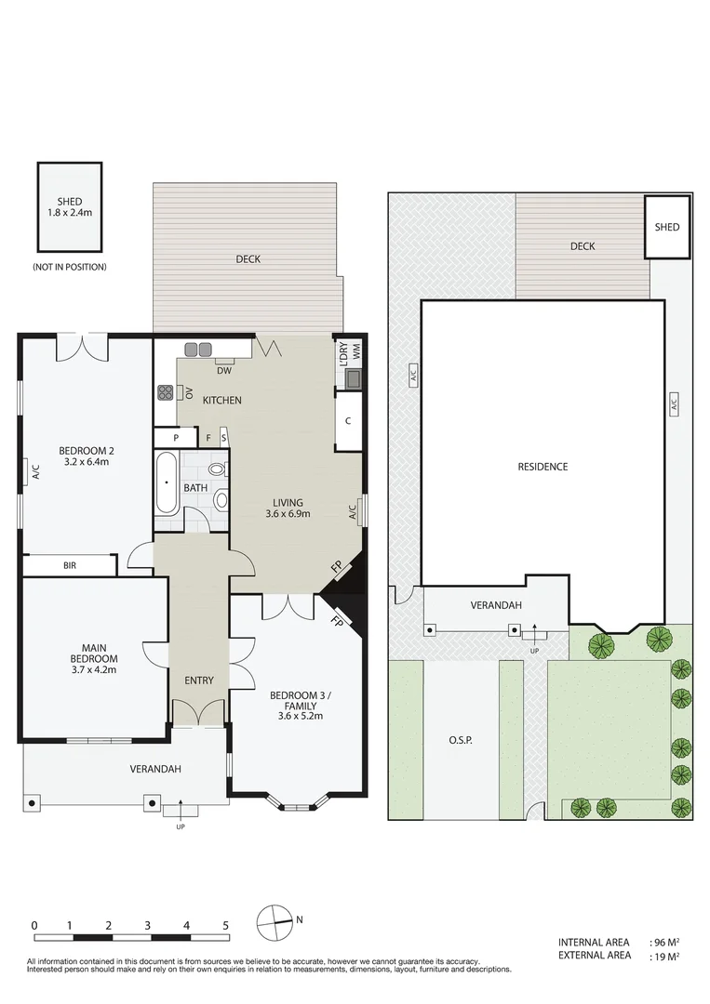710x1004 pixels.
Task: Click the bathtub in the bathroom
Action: (167, 482)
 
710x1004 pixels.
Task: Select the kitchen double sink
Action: (198, 350)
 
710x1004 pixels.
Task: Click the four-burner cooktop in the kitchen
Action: (166, 392)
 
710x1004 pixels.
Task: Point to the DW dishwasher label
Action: (223, 371)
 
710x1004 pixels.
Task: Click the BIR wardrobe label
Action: (70, 565)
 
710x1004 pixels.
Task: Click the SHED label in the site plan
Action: (667, 227)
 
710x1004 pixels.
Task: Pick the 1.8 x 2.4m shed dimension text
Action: (70, 213)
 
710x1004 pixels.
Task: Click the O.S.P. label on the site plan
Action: (461, 741)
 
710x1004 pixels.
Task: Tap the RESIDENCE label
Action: (543, 467)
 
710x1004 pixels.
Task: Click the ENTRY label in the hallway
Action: (198, 680)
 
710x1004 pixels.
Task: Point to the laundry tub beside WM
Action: (354, 378)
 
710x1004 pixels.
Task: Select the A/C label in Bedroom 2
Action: (34, 471)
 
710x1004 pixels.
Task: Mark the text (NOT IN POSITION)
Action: (70, 267)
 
